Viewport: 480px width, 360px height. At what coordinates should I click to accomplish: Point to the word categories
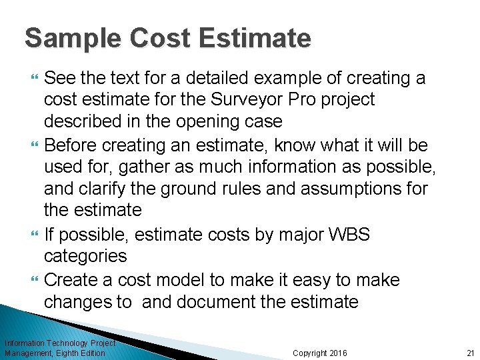(x=85, y=256)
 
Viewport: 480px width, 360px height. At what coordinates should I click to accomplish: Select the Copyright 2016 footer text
(x=320, y=353)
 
